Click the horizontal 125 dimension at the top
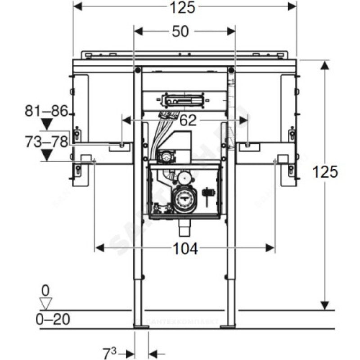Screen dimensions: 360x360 coord(184,7)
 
